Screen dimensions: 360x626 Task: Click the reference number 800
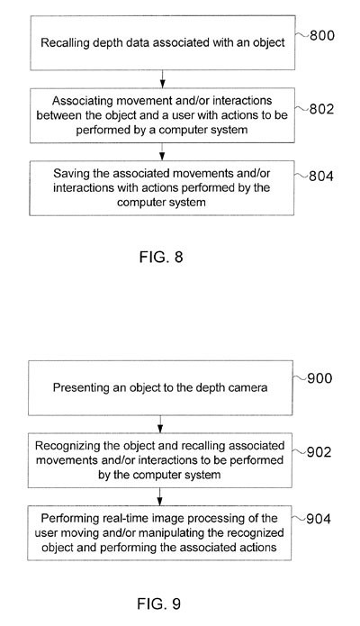(x=322, y=35)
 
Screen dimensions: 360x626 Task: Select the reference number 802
(x=321, y=109)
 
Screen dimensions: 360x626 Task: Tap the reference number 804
(x=321, y=176)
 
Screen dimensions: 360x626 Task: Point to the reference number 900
(x=319, y=378)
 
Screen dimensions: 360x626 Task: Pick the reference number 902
(x=319, y=451)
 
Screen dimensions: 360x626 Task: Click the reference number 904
(x=319, y=519)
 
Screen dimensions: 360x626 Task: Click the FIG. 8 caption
(x=161, y=257)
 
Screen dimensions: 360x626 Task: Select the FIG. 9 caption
(x=158, y=603)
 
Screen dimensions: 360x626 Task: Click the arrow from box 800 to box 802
(x=162, y=79)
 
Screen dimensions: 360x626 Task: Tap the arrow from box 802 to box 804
(x=162, y=151)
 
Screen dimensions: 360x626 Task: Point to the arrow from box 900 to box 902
(x=160, y=424)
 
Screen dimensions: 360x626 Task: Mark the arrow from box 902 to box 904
(x=159, y=496)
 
